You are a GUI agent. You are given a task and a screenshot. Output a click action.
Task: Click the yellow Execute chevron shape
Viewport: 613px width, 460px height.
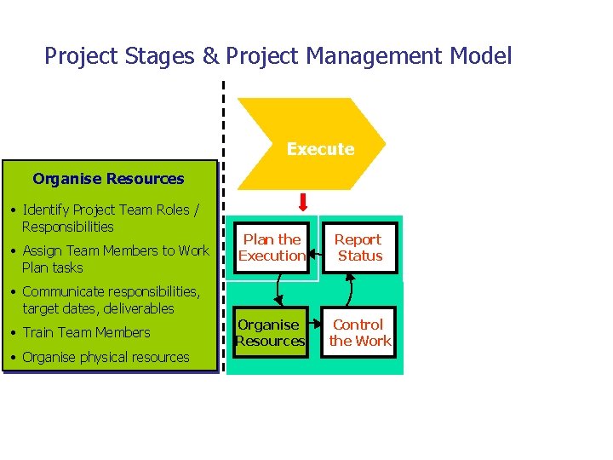pyautogui.click(x=312, y=144)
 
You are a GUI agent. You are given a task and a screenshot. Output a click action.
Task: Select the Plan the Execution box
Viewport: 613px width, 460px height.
pyautogui.click(x=272, y=248)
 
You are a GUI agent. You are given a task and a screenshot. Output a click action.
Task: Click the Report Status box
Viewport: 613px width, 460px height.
pyautogui.click(x=358, y=248)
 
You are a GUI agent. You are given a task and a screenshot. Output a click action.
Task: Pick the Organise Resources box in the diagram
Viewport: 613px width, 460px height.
pyautogui.click(x=271, y=332)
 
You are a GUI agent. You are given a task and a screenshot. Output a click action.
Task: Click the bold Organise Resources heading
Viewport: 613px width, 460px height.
pyautogui.click(x=108, y=179)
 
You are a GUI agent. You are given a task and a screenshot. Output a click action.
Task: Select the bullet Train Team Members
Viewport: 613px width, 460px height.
pyautogui.click(x=86, y=332)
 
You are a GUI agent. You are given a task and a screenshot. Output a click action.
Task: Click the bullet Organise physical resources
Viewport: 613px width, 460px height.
pyautogui.click(x=106, y=357)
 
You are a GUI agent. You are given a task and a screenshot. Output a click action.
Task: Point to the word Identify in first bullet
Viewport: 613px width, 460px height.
pyautogui.click(x=46, y=210)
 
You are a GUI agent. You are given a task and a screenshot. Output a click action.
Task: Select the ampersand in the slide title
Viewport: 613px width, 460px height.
pyautogui.click(x=209, y=57)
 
